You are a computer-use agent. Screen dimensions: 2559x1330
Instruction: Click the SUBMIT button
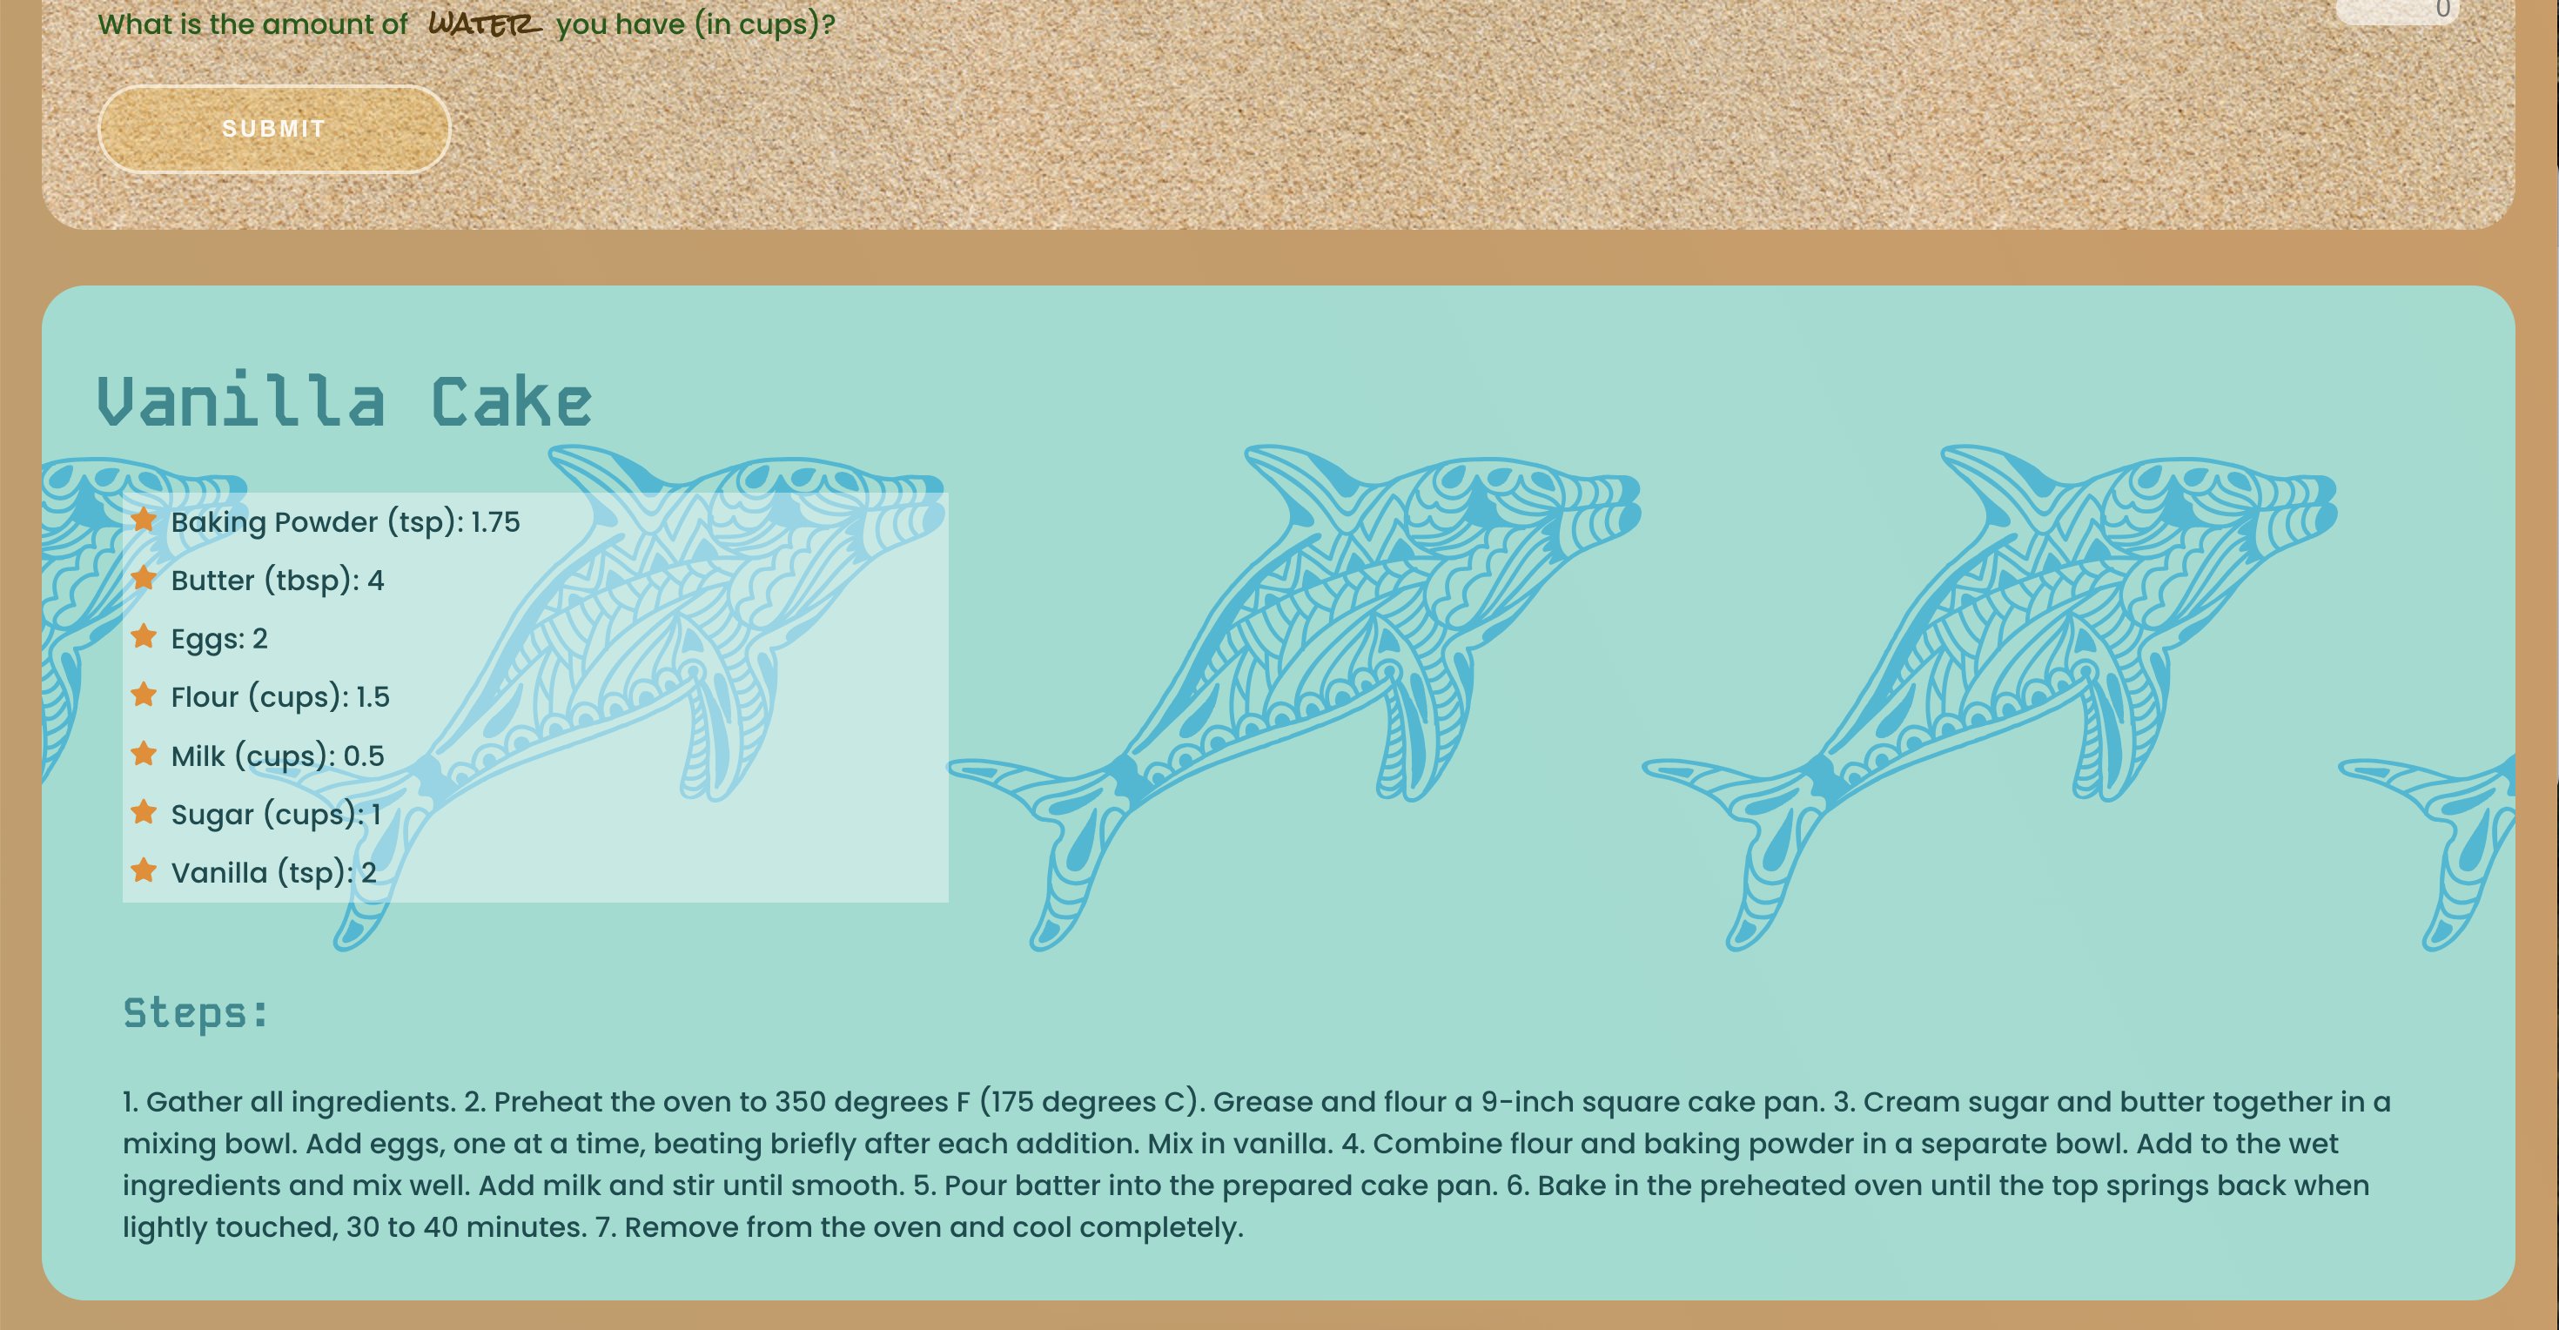coord(274,129)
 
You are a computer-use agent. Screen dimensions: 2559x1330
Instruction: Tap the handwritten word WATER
coord(485,24)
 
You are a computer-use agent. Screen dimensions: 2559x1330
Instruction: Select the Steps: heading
coord(196,1013)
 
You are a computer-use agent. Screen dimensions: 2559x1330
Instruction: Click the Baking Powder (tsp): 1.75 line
coord(345,522)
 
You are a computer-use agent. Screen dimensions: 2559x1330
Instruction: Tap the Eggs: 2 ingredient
coord(219,639)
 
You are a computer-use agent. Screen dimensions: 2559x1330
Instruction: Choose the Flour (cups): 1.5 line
coord(280,697)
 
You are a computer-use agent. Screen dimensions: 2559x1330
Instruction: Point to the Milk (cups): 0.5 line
coord(277,756)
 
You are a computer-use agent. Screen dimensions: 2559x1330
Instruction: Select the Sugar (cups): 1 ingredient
coord(276,815)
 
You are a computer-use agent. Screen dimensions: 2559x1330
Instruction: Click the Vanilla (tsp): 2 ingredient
coord(273,873)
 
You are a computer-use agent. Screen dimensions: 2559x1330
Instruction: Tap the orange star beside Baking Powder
coord(144,520)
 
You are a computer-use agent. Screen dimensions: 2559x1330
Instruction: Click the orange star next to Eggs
coord(144,635)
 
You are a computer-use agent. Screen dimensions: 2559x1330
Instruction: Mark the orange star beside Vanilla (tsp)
coord(144,870)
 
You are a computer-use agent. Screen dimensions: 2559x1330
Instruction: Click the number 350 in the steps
coord(800,1102)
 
